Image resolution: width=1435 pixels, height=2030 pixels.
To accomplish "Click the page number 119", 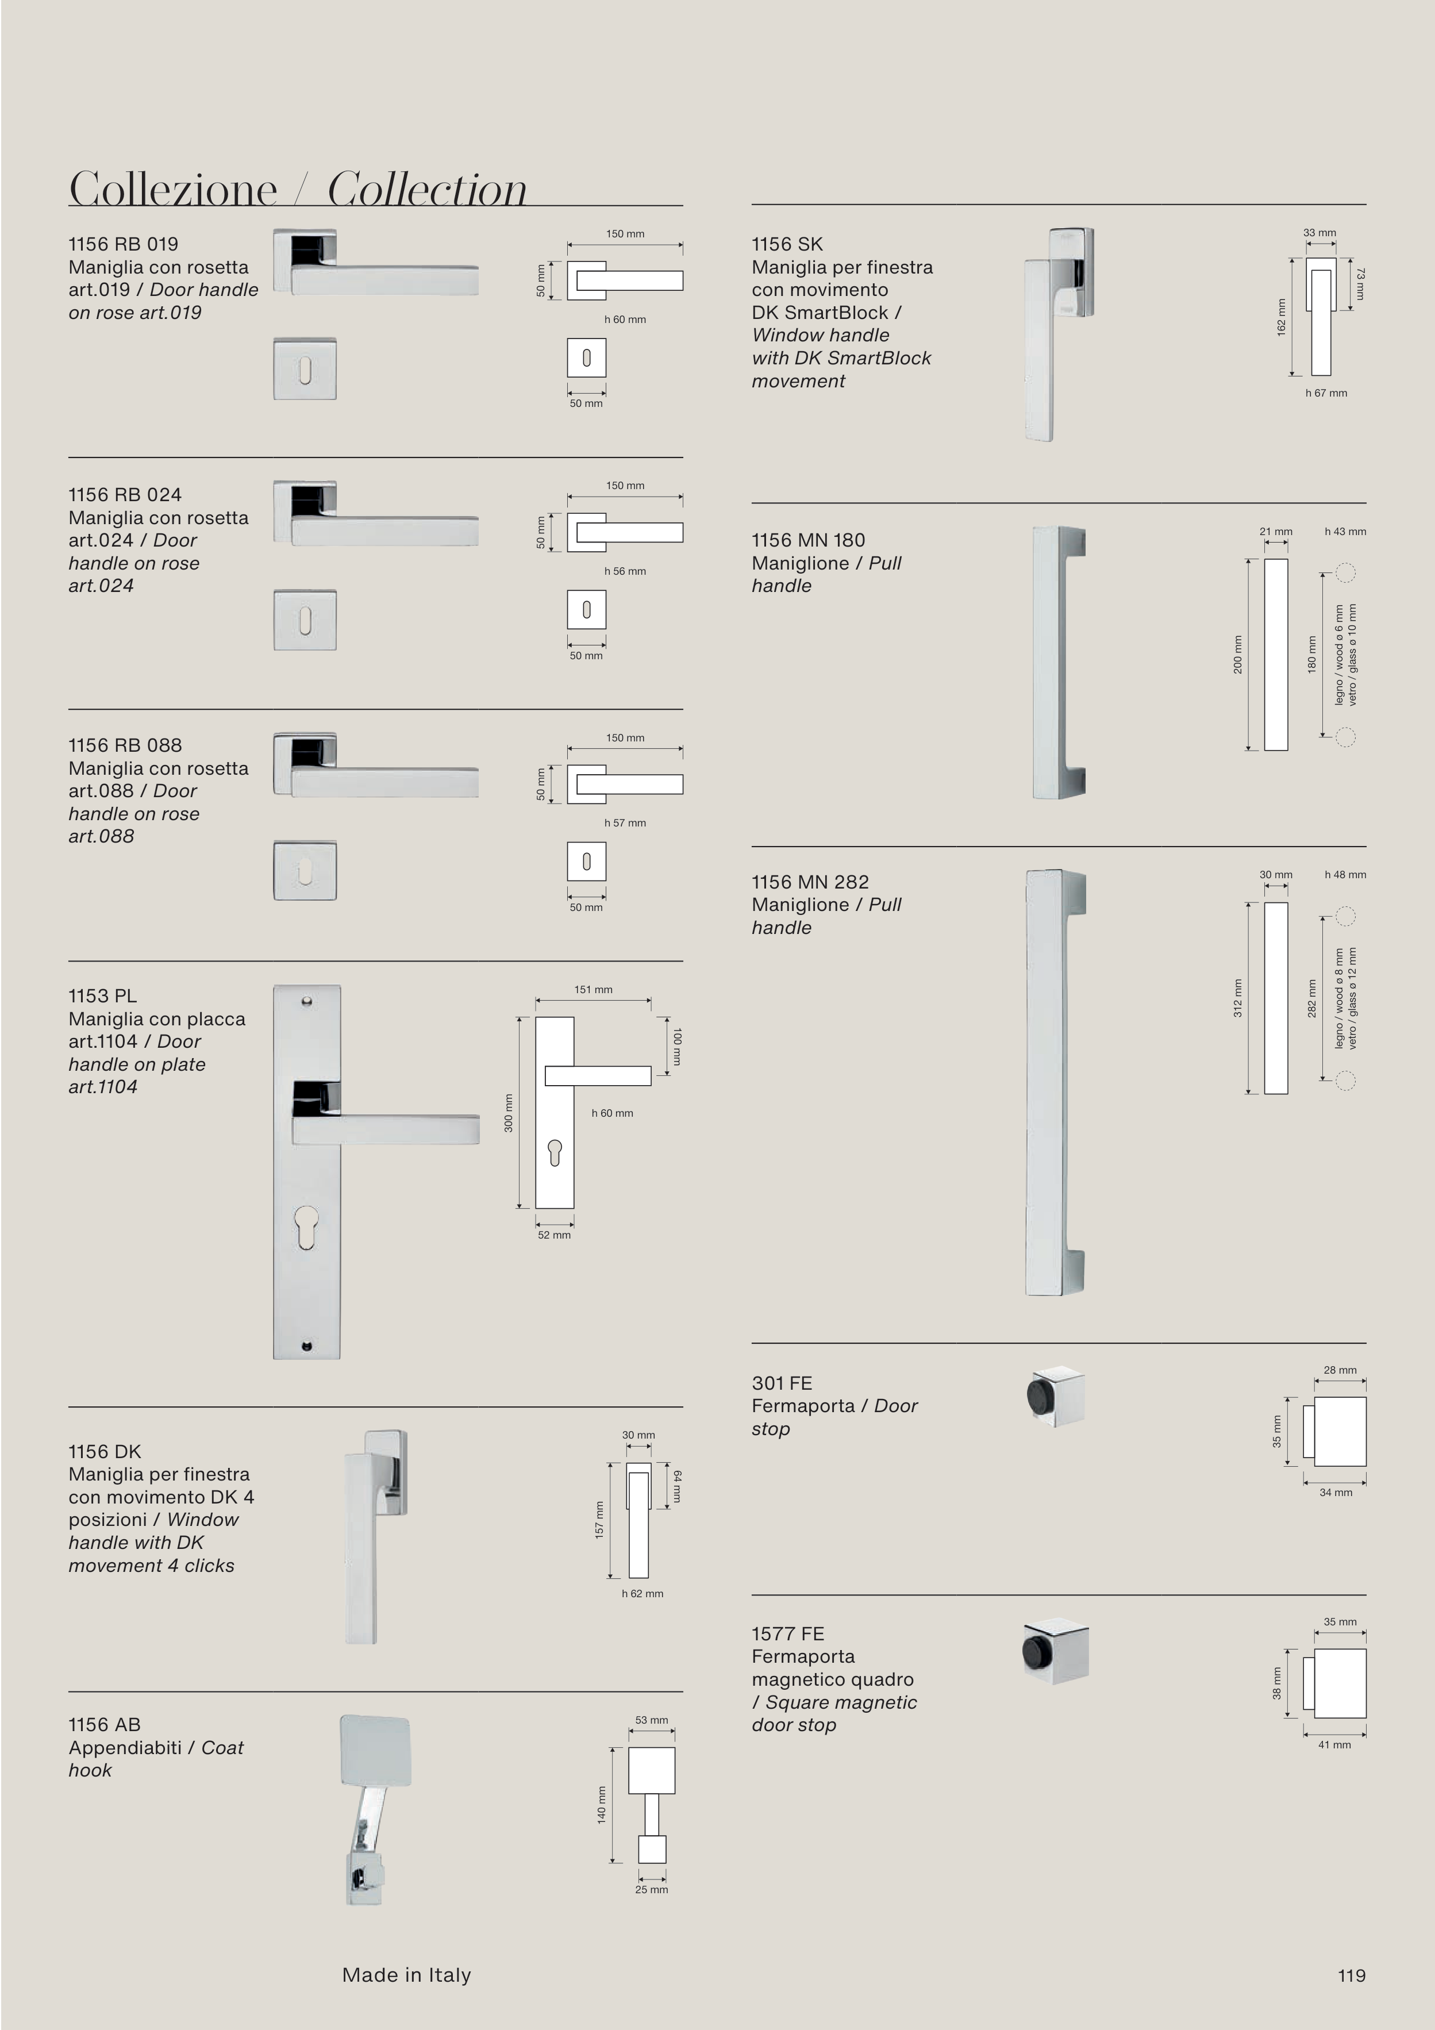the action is click(1351, 1975).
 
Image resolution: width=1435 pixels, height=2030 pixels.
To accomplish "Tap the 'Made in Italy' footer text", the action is click(407, 1975).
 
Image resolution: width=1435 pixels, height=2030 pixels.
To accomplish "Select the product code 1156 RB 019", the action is click(123, 244).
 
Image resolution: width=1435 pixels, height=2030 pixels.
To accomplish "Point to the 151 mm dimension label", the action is click(593, 989).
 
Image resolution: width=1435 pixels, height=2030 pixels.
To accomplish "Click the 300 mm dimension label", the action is click(509, 1112).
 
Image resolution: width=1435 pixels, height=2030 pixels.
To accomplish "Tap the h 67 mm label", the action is click(1326, 393).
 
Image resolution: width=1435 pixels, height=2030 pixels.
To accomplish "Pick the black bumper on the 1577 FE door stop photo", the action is click(1034, 1652).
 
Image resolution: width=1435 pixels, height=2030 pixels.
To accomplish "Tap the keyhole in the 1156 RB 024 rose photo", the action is click(305, 621).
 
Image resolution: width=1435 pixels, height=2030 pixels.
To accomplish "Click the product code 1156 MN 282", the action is click(810, 882).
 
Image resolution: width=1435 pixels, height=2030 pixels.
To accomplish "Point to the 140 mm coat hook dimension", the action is click(601, 1805).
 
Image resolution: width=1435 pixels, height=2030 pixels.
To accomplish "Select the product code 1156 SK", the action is click(787, 244).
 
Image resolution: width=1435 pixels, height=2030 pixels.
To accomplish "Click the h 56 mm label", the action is click(625, 571).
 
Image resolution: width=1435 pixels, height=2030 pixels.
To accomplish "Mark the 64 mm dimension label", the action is click(677, 1486).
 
